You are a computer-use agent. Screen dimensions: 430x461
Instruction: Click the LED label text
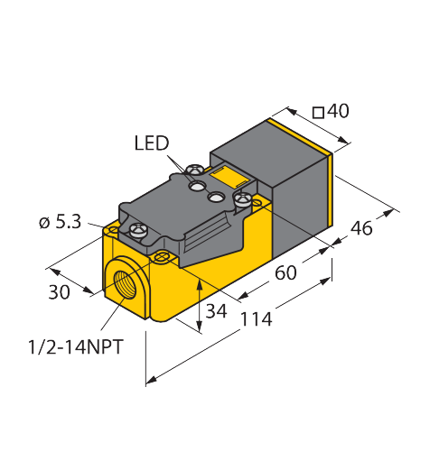click(x=152, y=143)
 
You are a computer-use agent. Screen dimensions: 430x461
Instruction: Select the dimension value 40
click(x=338, y=111)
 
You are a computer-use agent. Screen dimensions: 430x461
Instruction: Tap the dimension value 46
click(x=361, y=228)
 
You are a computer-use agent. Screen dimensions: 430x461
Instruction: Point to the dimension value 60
click(x=285, y=272)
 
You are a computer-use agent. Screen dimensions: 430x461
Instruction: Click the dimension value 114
click(x=257, y=319)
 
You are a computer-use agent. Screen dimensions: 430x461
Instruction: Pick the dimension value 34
click(x=216, y=311)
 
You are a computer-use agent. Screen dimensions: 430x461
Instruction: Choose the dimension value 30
click(x=60, y=292)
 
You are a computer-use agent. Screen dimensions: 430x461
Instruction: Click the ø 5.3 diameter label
click(x=61, y=223)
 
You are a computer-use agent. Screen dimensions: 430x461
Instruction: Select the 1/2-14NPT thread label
click(x=76, y=346)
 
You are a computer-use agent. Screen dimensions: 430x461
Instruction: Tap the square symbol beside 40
click(x=318, y=113)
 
